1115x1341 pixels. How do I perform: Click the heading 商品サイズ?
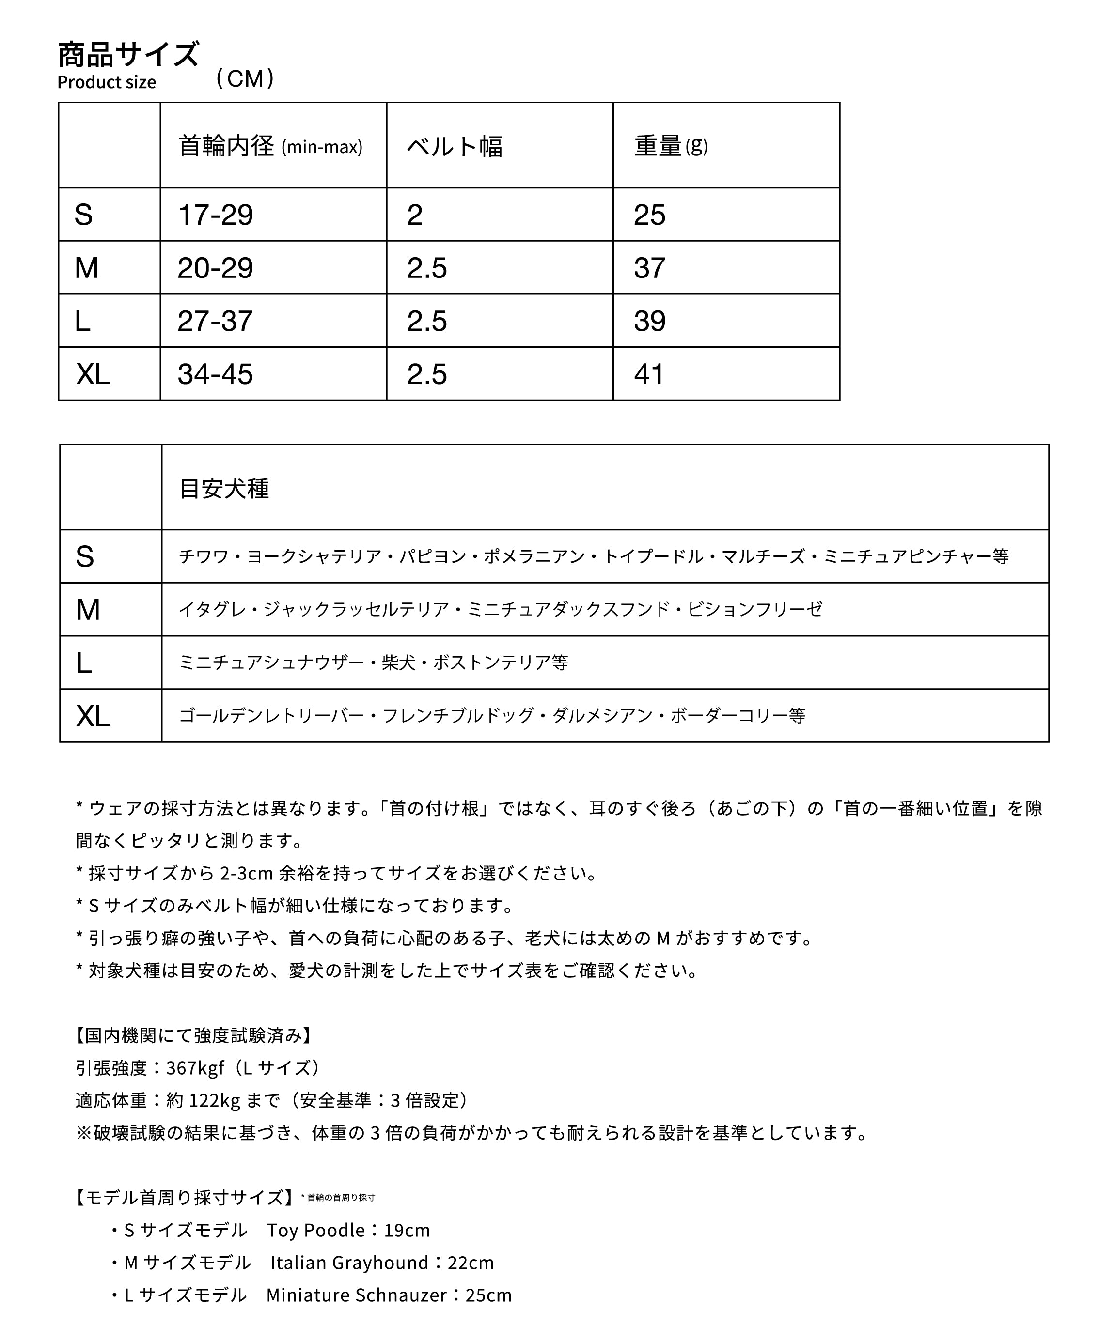128,54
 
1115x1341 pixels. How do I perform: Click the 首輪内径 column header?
226,146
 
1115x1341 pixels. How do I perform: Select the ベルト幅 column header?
455,147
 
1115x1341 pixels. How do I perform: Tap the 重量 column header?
658,146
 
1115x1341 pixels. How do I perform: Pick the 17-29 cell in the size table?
215,215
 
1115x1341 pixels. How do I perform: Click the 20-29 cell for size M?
215,267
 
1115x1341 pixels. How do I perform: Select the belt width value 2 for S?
415,215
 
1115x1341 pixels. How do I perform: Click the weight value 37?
650,267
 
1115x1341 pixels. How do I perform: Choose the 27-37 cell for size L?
215,321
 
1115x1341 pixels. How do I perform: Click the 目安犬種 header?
224,489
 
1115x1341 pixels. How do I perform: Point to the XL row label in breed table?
94,716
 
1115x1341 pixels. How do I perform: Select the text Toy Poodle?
315,1230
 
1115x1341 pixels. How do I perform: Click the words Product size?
107,82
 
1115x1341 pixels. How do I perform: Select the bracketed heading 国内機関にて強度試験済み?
193,1035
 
